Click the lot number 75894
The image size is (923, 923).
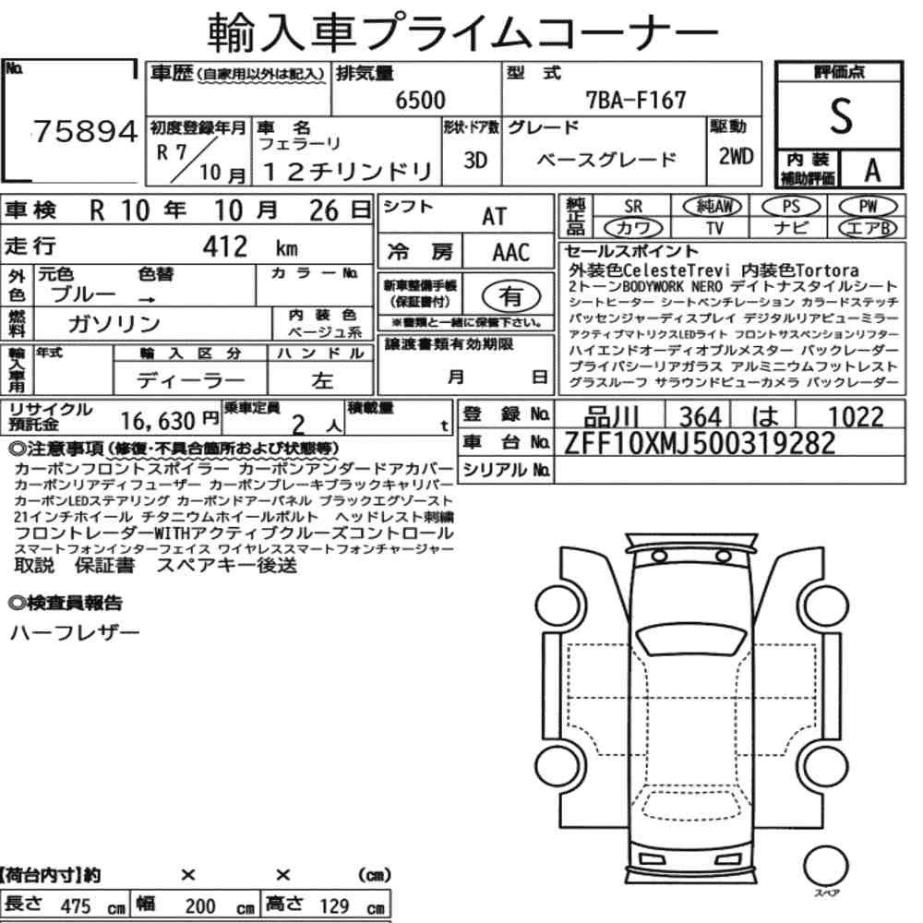85,131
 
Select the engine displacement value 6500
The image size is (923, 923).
420,100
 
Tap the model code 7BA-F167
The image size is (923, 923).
636,100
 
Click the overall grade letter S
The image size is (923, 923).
841,116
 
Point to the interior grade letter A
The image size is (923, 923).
872,171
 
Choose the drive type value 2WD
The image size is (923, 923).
736,156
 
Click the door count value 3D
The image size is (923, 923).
475,160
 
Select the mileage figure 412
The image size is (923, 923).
225,246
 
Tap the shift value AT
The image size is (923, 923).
494,217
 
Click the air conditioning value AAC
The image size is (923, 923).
511,253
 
